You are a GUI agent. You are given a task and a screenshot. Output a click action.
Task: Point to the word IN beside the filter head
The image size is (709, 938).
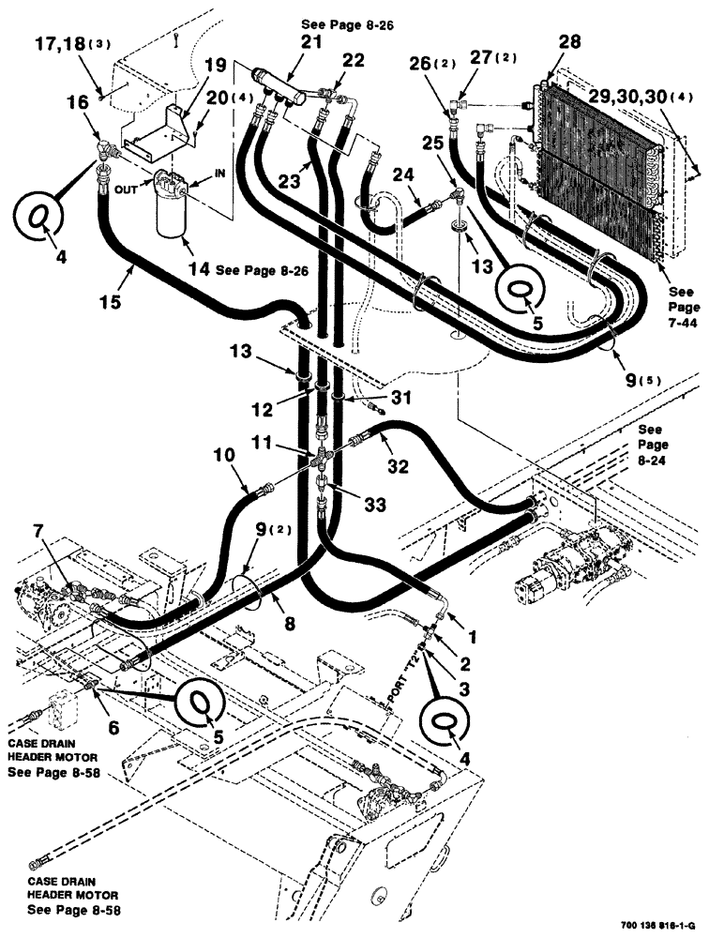[x=221, y=173]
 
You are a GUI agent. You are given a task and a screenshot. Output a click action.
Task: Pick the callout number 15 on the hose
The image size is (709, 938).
[x=121, y=280]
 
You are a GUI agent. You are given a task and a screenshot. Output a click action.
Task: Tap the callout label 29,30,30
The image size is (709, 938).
[x=641, y=97]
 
